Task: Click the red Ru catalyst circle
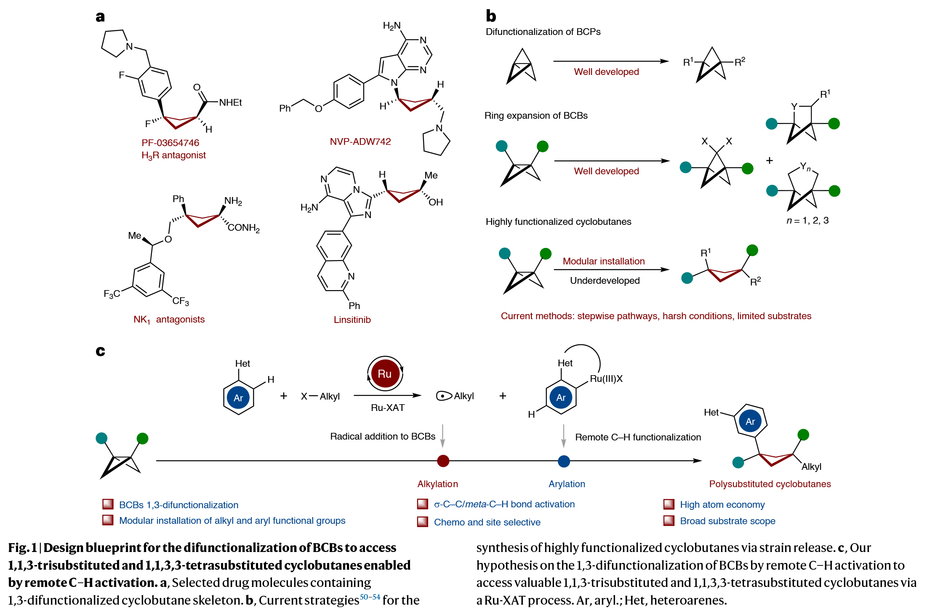point(385,373)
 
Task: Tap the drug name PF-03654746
point(170,143)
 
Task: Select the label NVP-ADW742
point(360,141)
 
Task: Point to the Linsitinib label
point(352,320)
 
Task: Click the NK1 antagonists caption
point(169,320)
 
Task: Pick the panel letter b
point(491,16)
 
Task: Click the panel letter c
point(100,351)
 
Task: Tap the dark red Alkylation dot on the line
point(443,461)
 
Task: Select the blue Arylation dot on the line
point(564,461)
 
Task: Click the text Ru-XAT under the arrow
point(387,408)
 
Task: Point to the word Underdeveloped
point(605,281)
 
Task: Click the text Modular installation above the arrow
point(603,261)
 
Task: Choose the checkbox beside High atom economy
point(669,504)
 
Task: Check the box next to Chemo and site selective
point(422,522)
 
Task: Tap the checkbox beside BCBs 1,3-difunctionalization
point(108,504)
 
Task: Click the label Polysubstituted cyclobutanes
point(770,484)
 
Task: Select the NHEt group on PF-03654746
point(230,103)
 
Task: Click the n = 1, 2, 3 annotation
point(807,221)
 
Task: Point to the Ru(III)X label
point(606,379)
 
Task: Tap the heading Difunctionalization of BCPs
point(543,32)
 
